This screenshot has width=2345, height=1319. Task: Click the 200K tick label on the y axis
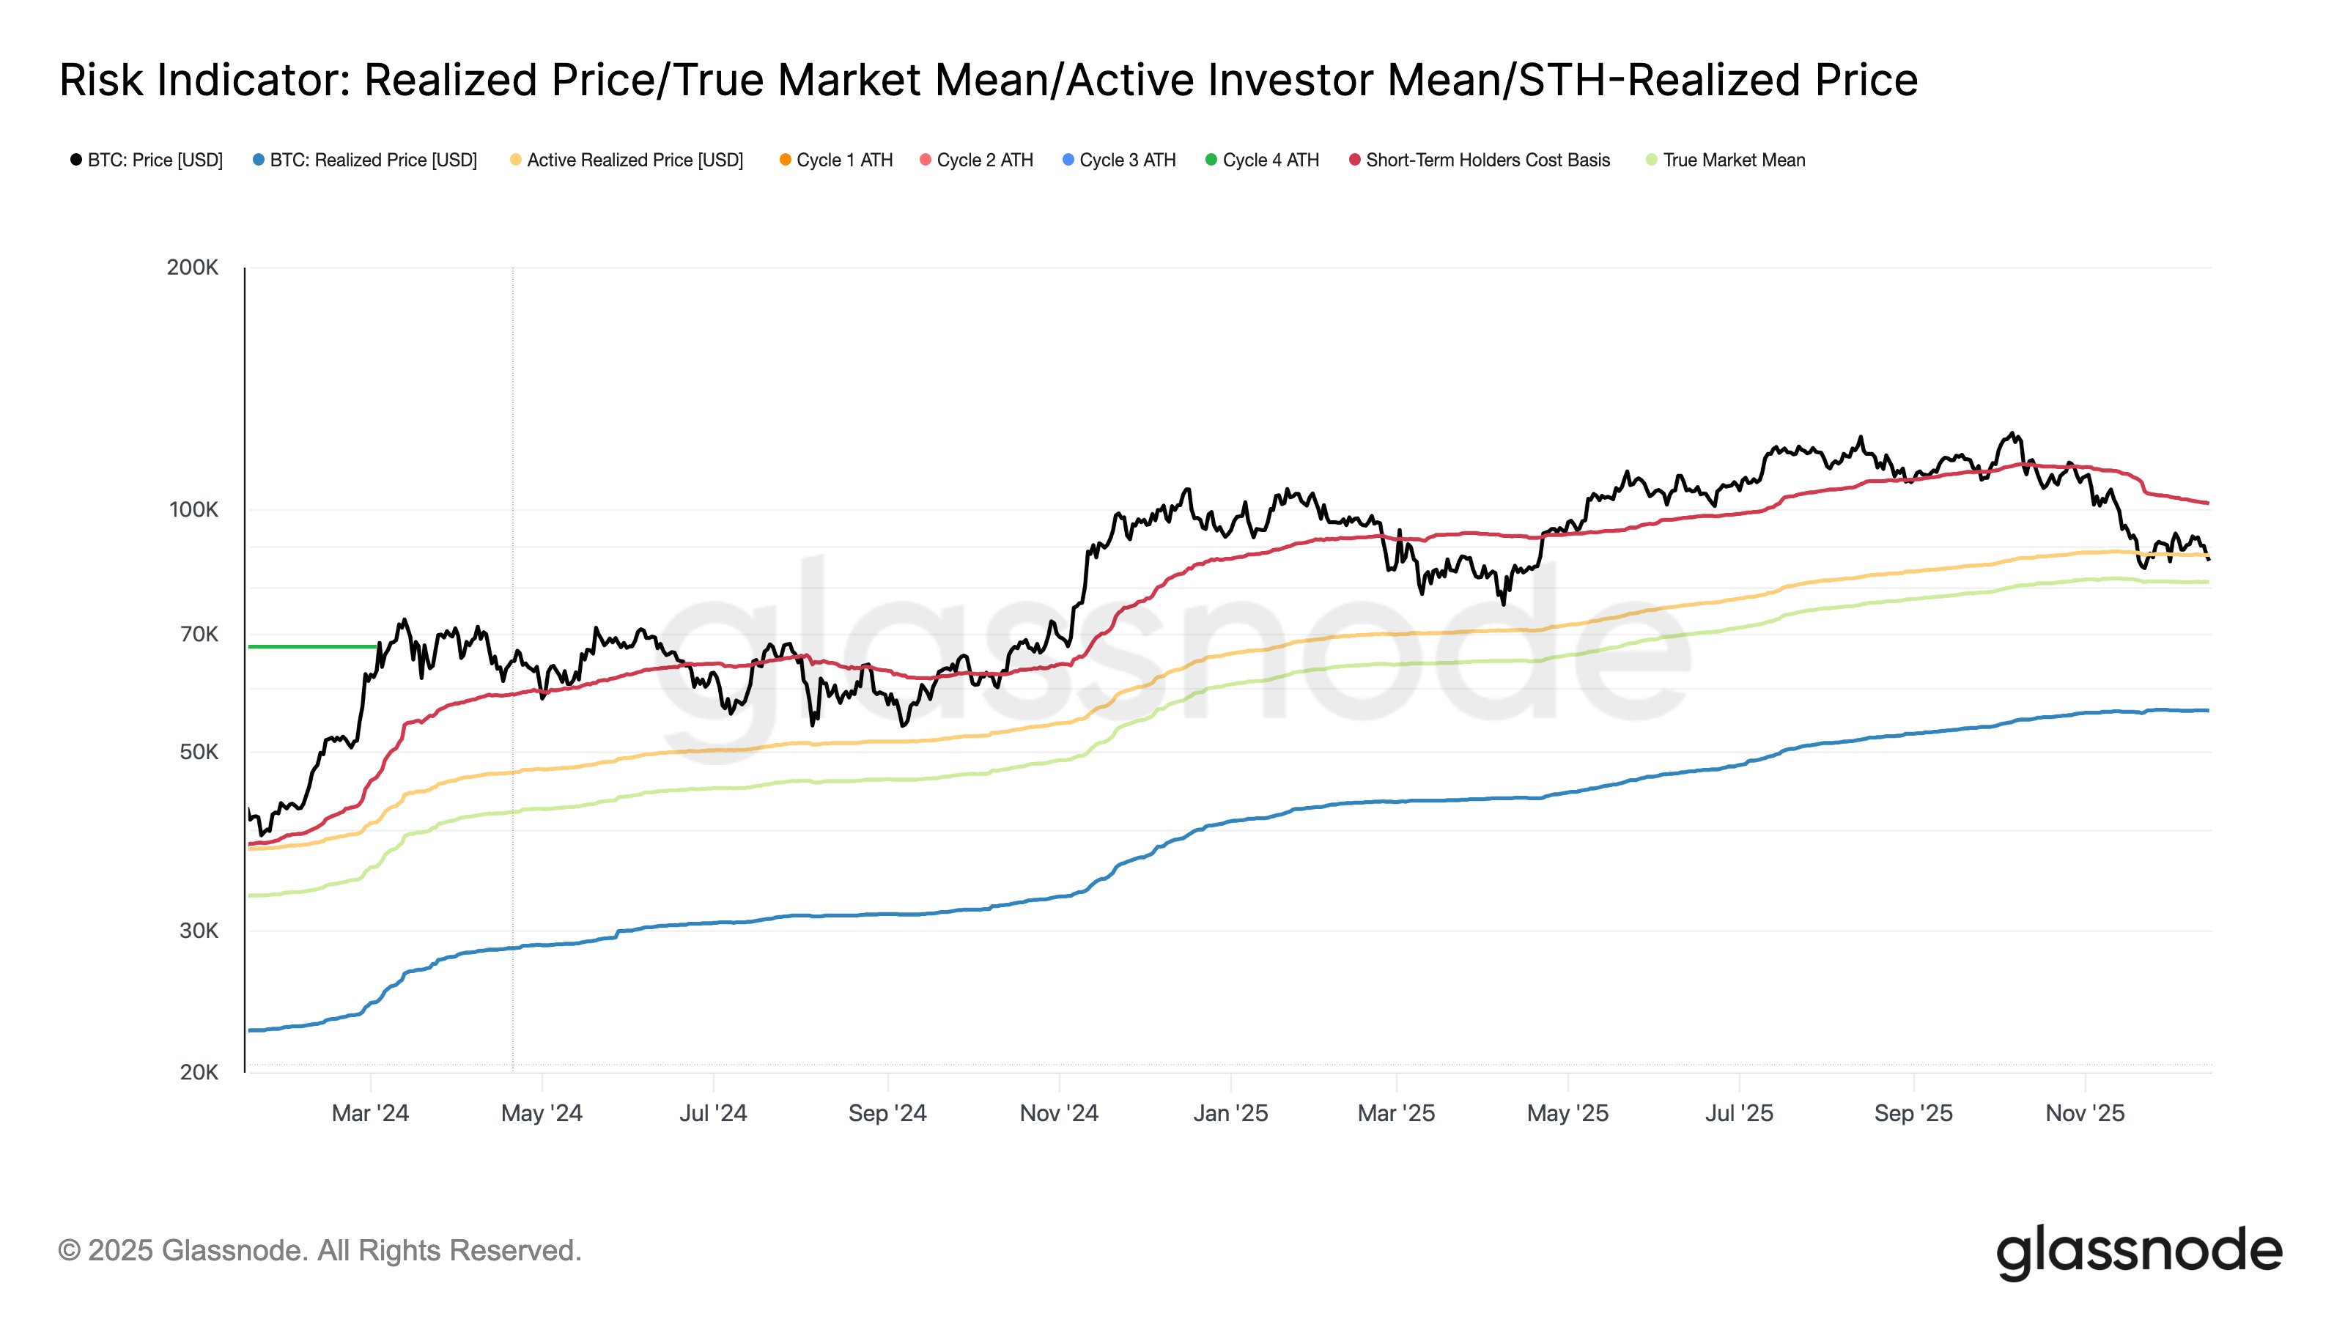pos(192,267)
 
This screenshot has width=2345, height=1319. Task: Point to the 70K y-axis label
pos(199,635)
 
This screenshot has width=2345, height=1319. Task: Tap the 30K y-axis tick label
pos(199,931)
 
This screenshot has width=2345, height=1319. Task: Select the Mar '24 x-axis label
pos(369,1113)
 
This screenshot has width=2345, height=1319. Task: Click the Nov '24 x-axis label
pos(1059,1113)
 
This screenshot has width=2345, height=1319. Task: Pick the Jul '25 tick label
pos(1739,1113)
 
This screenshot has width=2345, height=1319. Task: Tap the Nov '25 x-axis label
pos(2085,1113)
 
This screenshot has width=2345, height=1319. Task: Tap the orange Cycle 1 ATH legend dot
pos(785,160)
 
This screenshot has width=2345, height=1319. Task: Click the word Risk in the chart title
pos(101,80)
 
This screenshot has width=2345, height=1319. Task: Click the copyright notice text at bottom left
pos(320,1251)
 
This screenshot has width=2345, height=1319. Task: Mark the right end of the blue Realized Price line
pos(2207,710)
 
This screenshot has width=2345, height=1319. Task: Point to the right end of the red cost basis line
pos(2207,503)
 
